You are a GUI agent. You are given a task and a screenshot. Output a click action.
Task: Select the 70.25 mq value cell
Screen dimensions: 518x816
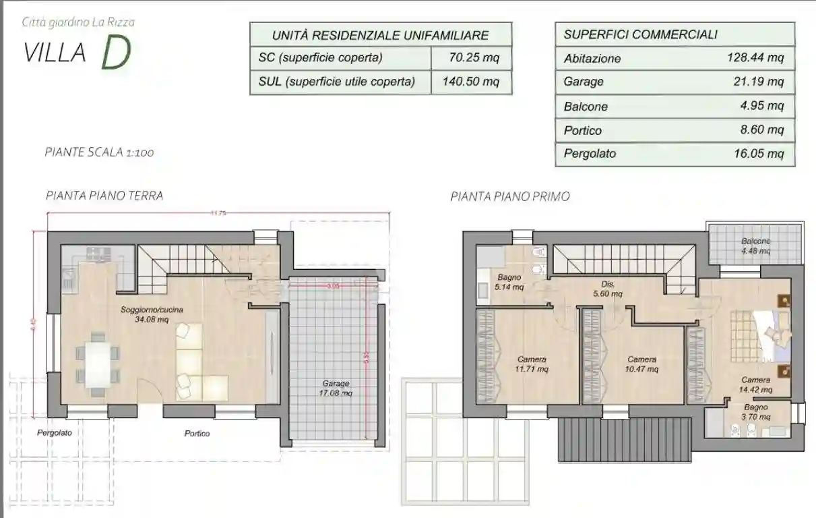(x=474, y=58)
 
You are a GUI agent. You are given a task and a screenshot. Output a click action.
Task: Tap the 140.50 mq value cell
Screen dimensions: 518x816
(x=474, y=82)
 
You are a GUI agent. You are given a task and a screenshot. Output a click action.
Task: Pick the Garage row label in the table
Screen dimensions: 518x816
(x=584, y=82)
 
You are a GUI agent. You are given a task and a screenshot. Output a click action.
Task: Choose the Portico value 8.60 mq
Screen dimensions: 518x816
(x=761, y=130)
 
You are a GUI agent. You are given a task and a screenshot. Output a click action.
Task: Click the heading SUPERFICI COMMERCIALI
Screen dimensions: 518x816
(x=640, y=34)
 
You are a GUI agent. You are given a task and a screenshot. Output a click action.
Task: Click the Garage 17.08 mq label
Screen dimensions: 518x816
(x=336, y=388)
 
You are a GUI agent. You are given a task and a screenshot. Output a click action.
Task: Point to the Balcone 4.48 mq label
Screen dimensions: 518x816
(x=756, y=246)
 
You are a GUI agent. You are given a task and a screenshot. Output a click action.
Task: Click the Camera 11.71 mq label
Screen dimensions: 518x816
(x=532, y=364)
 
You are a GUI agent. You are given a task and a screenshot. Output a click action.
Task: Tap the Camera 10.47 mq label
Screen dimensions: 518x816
(x=641, y=364)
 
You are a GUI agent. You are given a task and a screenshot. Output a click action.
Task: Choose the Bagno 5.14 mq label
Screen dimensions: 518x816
(x=509, y=282)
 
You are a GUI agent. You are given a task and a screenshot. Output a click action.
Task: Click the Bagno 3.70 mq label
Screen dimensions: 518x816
(x=756, y=412)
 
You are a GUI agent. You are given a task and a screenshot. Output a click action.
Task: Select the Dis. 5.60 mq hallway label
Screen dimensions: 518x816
(x=608, y=289)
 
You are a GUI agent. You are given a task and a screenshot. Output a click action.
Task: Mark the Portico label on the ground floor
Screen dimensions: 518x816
(x=197, y=434)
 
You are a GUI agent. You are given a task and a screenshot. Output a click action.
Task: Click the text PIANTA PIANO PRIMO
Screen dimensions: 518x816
(x=510, y=197)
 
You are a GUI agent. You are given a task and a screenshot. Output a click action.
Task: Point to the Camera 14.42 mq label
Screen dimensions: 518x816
(x=755, y=384)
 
